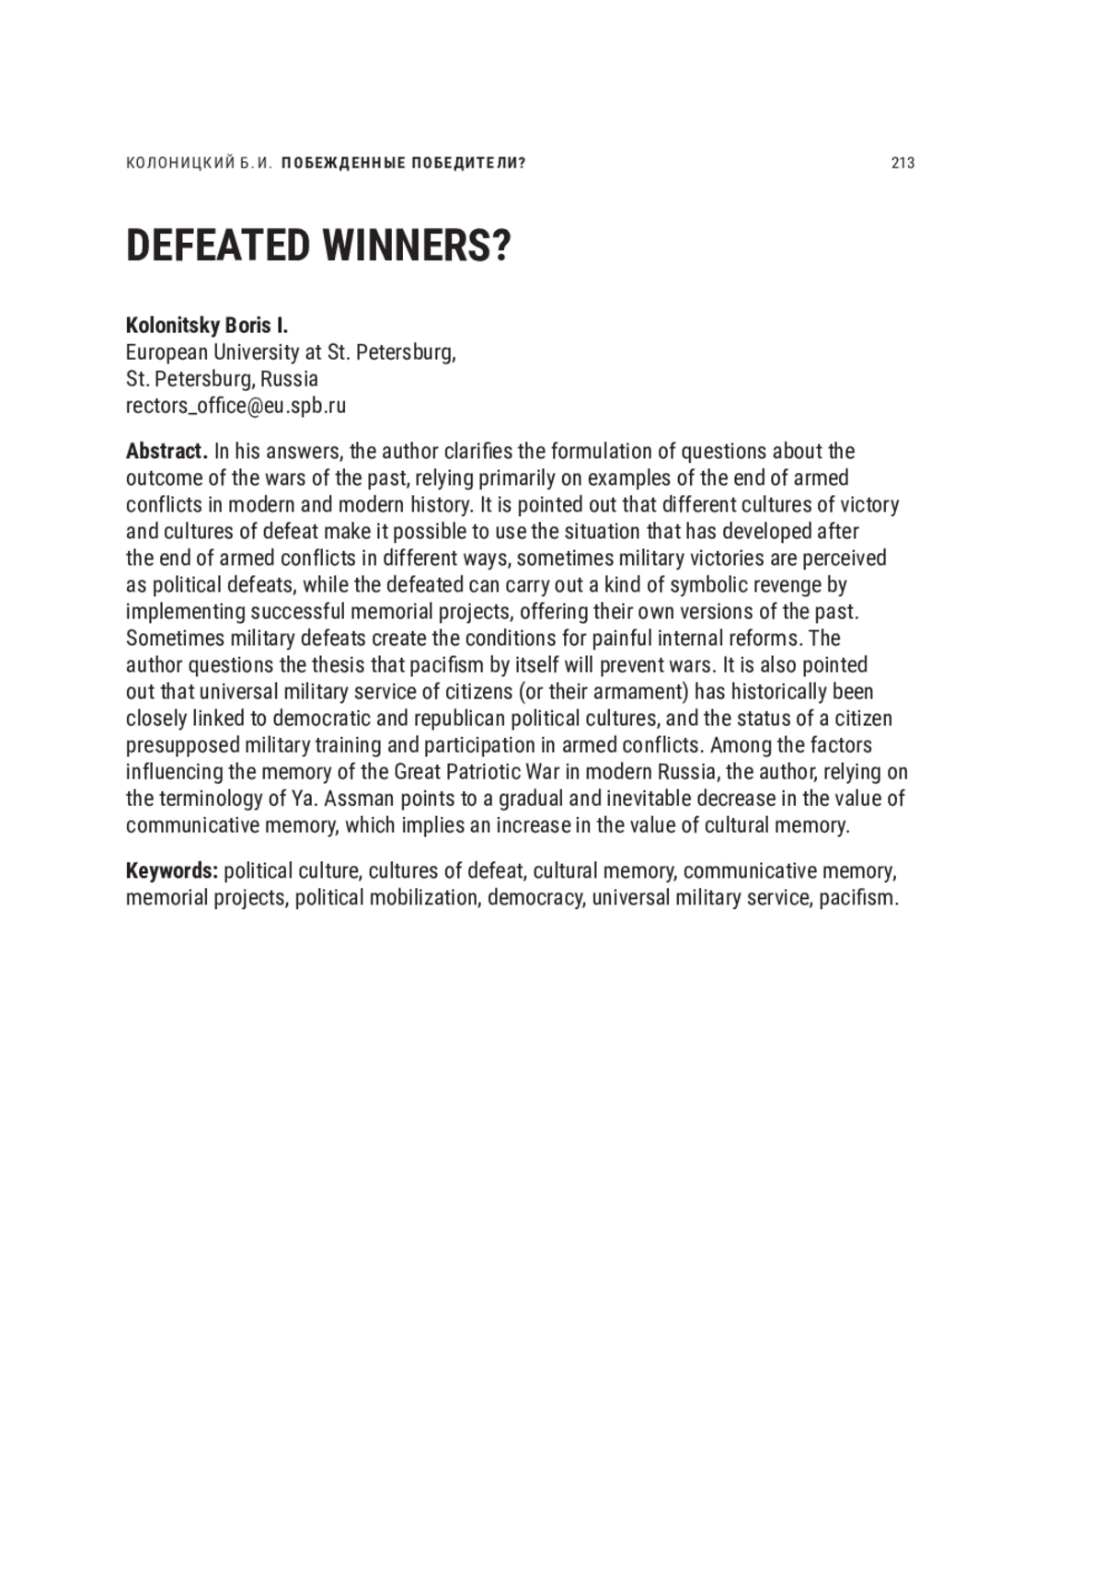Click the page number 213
[903, 163]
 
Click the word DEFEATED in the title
[217, 246]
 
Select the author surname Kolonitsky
[172, 325]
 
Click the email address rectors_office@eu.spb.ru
[236, 405]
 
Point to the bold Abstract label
[167, 451]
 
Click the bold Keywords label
[171, 870]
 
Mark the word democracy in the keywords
[535, 897]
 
